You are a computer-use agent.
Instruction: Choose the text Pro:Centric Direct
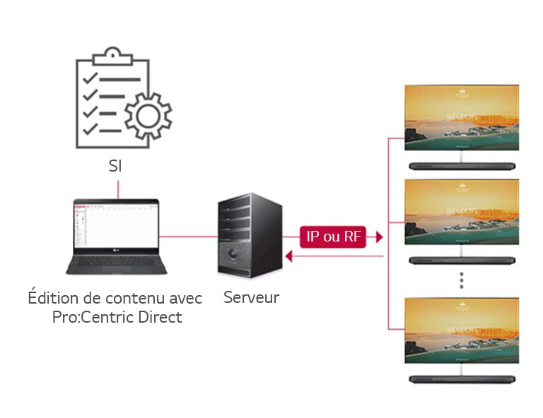117,317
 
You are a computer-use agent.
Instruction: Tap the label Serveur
251,297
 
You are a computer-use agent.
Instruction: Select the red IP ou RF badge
332,237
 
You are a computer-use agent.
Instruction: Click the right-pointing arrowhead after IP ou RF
379,237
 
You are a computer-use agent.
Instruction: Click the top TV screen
461,118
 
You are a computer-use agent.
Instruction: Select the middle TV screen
461,212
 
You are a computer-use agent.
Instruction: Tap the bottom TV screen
461,330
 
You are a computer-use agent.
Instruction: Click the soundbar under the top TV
461,167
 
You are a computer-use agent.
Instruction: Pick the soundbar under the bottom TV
461,378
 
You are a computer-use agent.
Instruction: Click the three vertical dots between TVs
461,279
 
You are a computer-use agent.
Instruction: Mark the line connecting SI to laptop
117,187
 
